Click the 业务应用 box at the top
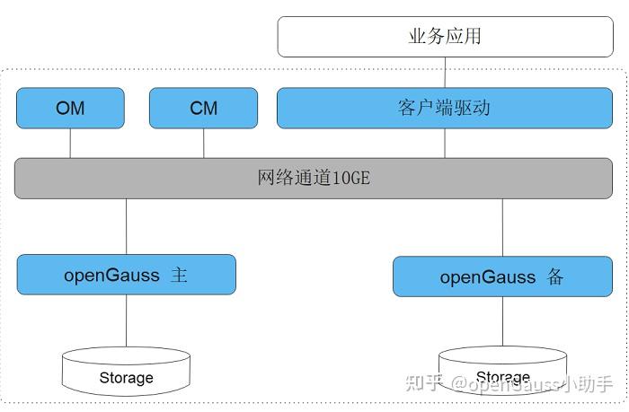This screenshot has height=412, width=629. coord(445,37)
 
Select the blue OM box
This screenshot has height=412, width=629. coord(70,108)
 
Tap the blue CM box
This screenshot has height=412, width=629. coord(203,108)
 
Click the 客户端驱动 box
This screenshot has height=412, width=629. coord(445,108)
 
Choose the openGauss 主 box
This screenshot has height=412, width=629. coord(126,275)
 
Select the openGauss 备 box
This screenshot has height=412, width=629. coord(502,276)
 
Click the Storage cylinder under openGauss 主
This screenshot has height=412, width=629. coord(126,373)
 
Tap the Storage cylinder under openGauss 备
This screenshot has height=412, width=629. coord(502,372)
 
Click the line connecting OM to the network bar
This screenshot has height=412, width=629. coord(70,143)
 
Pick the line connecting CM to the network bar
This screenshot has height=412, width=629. coord(203,143)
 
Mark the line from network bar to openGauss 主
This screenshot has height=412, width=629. coord(126,226)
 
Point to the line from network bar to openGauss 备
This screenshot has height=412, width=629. coord(502,227)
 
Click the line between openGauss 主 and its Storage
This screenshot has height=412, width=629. coord(126,321)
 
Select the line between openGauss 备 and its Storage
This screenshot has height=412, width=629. coord(502,321)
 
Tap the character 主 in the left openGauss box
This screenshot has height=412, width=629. coord(179,275)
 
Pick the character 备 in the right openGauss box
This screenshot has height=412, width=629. coord(554,276)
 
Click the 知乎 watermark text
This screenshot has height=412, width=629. coord(424,383)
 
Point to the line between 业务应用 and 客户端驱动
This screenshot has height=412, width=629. coord(445,73)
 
